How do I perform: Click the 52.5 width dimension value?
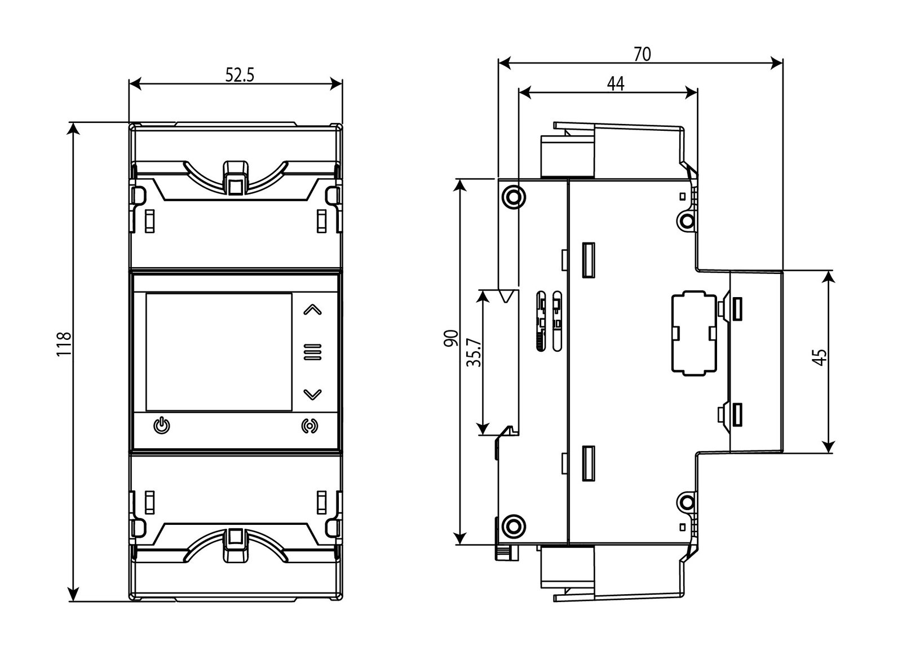pos(240,75)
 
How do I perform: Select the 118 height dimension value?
pos(64,344)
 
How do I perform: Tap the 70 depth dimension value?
pos(642,55)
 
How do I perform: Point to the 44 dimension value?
pos(615,84)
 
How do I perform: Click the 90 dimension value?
pos(451,338)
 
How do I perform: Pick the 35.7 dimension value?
pos(474,352)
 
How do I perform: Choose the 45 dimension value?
pos(821,357)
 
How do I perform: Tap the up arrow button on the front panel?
pos(312,309)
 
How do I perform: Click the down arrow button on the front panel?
pos(312,394)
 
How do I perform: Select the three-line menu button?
pos(312,352)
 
